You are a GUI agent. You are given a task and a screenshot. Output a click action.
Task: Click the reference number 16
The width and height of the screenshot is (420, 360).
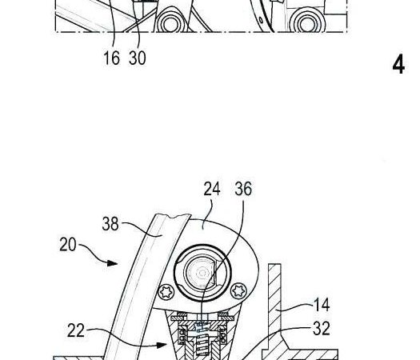point(111,58)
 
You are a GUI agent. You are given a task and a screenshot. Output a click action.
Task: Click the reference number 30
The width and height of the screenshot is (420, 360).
point(138,58)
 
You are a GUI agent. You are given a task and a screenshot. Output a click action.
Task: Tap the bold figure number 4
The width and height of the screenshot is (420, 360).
point(398,65)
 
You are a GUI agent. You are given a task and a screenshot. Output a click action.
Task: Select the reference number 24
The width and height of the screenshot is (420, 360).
point(212,189)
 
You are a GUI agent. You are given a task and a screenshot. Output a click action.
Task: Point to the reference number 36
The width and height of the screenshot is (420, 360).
point(243,189)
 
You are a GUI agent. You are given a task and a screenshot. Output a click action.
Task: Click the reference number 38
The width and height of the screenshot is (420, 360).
point(110,224)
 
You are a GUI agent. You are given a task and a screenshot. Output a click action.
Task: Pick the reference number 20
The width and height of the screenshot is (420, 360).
point(68,244)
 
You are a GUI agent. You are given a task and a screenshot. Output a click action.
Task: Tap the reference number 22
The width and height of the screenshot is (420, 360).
point(76,330)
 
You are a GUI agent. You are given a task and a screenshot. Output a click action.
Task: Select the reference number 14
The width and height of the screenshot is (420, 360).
point(321,305)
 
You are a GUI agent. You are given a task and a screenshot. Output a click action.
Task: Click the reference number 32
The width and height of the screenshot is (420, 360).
point(322,328)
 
